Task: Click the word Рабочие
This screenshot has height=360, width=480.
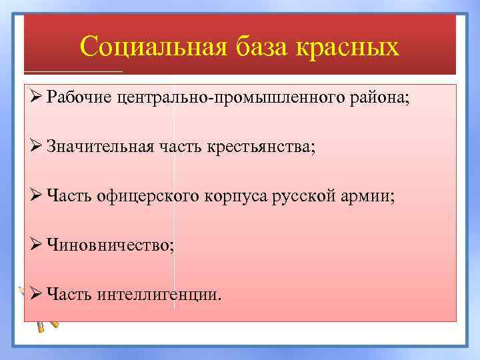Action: coord(79,98)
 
